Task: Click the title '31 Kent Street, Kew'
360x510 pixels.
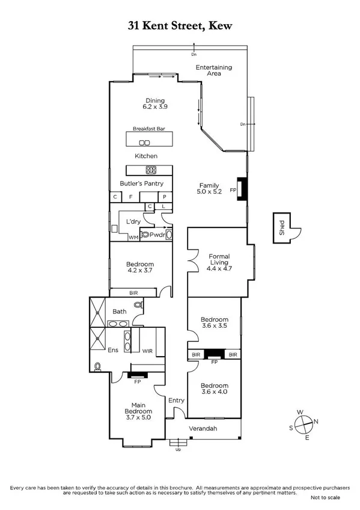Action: tap(180, 25)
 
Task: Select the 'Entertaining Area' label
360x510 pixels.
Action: tap(214, 70)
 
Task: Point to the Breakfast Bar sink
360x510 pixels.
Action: tap(144, 143)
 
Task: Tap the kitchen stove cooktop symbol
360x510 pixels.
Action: tap(151, 170)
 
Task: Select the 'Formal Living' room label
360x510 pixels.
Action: tap(219, 260)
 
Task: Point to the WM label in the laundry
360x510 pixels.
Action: tap(133, 238)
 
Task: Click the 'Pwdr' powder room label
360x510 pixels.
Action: tap(157, 235)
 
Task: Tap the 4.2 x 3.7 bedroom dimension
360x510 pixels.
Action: tap(140, 271)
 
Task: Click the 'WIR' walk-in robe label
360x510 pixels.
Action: tap(147, 351)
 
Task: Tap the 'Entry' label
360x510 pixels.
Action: tap(177, 400)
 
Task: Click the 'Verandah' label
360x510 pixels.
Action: tap(203, 429)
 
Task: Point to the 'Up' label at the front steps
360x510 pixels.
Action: tap(177, 449)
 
